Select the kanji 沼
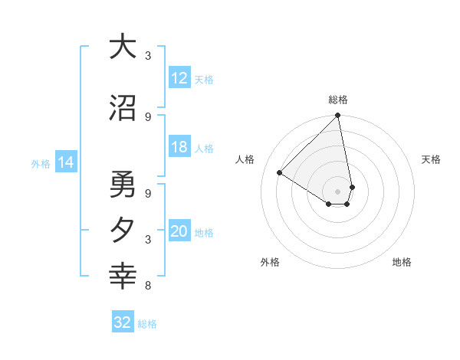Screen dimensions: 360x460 point(123,109)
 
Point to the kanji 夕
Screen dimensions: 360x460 point(123,231)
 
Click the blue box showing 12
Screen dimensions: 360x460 point(179,78)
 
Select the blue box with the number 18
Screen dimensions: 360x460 point(179,148)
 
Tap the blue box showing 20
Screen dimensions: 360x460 point(179,232)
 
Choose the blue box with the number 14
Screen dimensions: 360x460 point(66,162)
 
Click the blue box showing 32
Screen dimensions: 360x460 point(123,322)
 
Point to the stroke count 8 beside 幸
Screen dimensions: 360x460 point(148,286)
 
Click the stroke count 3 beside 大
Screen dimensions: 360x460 point(148,56)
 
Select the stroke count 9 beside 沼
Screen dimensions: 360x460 point(148,116)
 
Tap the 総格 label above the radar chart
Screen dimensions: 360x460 point(338,100)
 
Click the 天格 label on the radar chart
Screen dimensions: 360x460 point(432,159)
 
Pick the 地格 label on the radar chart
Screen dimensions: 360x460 point(402,262)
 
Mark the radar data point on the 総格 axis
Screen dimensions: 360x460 point(338,116)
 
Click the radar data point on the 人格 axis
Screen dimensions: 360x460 point(280,173)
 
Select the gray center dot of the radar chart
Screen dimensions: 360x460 point(338,191)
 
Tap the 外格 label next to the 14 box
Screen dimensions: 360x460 point(40,163)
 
